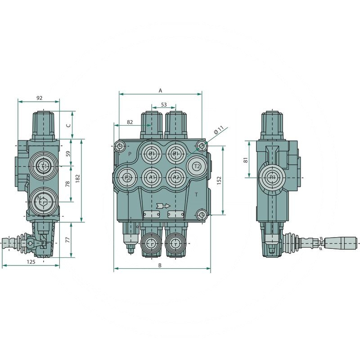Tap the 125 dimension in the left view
(30, 261)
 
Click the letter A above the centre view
(160, 90)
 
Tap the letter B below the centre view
(160, 265)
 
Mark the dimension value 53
(163, 104)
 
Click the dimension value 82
(130, 122)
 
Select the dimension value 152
(219, 180)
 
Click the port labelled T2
(196, 166)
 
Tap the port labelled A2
(176, 178)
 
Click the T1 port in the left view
(44, 167)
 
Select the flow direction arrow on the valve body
(163, 206)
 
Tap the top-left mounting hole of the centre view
(119, 146)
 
